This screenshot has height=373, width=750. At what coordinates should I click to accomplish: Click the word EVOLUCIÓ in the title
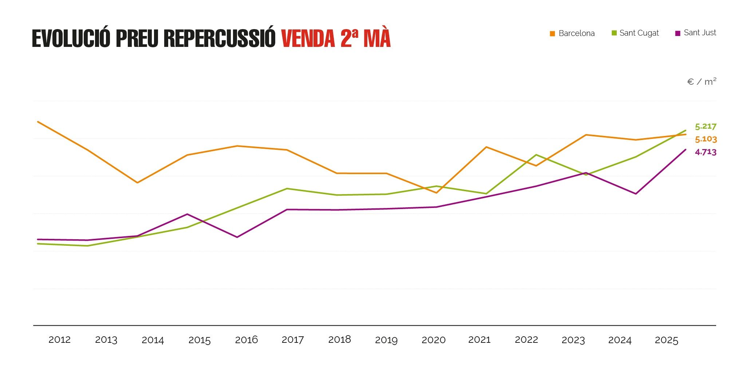[x=71, y=39]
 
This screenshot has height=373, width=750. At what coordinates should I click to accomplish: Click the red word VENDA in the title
[x=308, y=39]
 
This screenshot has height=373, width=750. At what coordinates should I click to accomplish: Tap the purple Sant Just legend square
[x=678, y=33]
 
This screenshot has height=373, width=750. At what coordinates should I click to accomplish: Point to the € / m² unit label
[x=701, y=82]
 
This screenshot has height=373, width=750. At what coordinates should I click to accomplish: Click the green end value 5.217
[x=706, y=127]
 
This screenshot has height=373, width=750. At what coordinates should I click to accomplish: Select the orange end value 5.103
[x=706, y=139]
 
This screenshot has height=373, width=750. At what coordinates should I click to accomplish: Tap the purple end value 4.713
[x=706, y=152]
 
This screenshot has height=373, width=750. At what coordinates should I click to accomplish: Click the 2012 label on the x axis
[x=59, y=340]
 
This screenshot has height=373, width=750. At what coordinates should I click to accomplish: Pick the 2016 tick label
[x=246, y=340]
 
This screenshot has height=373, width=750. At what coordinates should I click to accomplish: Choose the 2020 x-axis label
[x=433, y=340]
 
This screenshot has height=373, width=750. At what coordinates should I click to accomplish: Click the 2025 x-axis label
[x=666, y=340]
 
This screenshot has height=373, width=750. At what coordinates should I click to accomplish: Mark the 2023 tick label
[x=573, y=340]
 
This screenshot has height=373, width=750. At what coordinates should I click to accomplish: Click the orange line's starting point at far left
[x=38, y=122]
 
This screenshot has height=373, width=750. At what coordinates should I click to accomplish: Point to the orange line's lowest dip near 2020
[x=436, y=193]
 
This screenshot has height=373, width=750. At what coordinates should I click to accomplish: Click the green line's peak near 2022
[x=536, y=155]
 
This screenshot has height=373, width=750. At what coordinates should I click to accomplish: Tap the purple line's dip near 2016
[x=237, y=237]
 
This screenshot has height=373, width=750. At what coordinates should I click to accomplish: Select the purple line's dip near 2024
[x=636, y=194]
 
